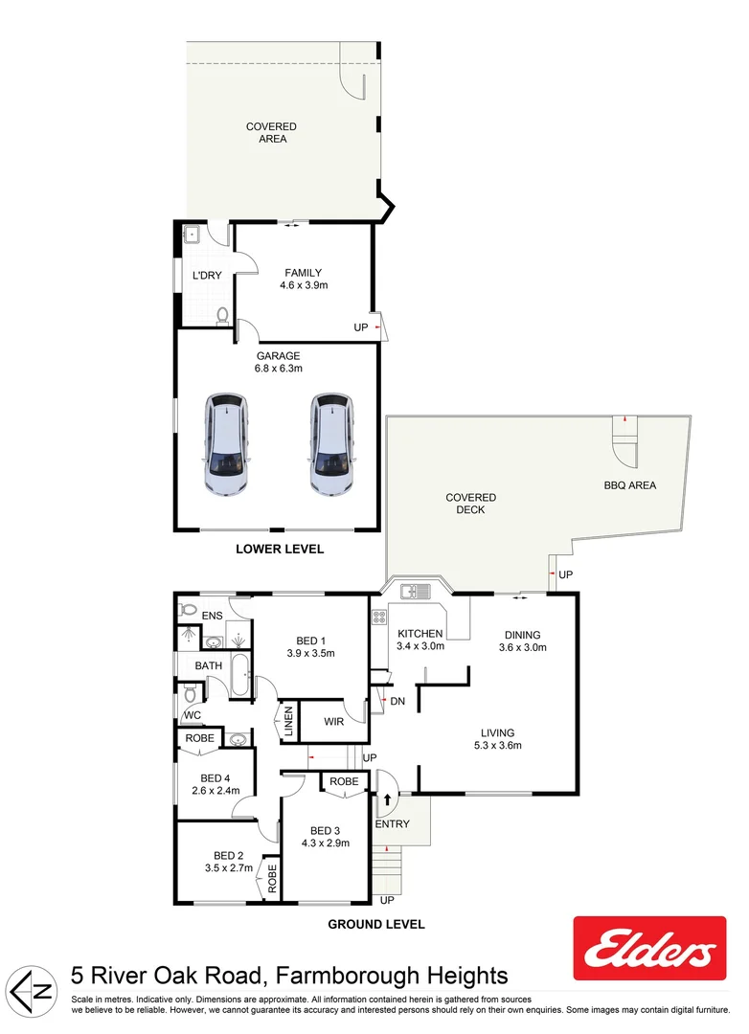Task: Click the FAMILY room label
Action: [302, 273]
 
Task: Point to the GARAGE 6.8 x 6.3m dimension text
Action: [278, 369]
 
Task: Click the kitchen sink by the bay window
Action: [415, 590]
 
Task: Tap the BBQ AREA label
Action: [629, 485]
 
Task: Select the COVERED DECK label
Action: [470, 504]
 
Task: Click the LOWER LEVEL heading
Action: [280, 550]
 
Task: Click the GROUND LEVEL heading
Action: [376, 925]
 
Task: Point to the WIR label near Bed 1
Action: [334, 720]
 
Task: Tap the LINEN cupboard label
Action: [286, 722]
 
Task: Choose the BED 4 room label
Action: [215, 778]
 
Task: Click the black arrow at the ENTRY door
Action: [387, 797]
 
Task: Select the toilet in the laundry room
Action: [223, 314]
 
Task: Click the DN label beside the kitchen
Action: [397, 702]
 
